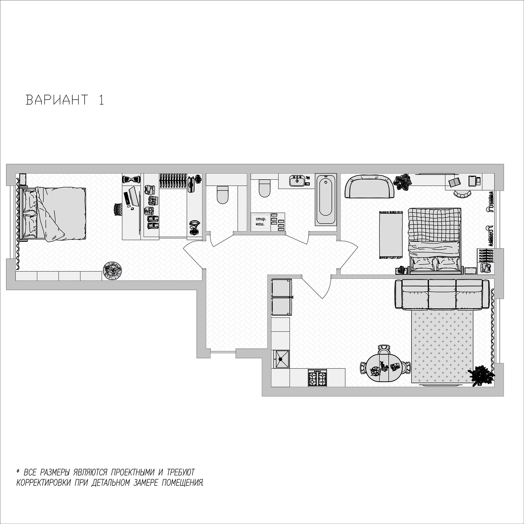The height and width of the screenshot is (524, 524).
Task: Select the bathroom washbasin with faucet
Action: tap(297, 180)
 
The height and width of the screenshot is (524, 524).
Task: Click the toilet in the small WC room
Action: tap(222, 194)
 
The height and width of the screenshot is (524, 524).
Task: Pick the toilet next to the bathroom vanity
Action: tap(264, 188)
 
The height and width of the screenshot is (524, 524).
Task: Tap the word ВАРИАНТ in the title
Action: tap(57, 100)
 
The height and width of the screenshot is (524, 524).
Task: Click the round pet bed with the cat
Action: tap(113, 270)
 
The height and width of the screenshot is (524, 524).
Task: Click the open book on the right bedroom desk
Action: tap(454, 181)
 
